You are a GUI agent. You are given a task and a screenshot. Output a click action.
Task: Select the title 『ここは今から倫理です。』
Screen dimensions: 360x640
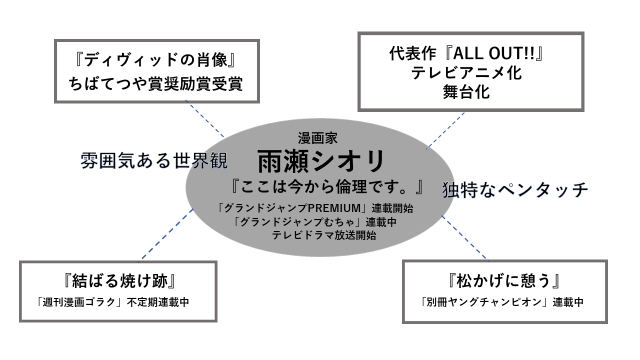(x=325, y=187)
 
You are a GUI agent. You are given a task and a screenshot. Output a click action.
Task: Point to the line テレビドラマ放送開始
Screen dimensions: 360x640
(x=324, y=235)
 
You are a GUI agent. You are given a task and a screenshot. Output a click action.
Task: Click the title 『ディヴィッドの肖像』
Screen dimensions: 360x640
(x=156, y=60)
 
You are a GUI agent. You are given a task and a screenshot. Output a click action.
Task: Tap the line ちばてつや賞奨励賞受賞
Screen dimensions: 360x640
(x=156, y=83)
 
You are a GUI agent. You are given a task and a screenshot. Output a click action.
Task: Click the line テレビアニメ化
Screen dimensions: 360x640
(x=466, y=73)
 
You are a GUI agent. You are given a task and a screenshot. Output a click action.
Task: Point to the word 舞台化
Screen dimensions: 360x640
(x=466, y=92)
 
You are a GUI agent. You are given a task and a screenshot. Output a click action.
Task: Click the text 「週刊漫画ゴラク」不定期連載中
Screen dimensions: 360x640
(x=112, y=302)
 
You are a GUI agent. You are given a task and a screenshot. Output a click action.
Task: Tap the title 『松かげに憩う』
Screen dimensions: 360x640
(x=505, y=281)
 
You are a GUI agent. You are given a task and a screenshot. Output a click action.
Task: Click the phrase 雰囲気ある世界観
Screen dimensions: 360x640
(x=154, y=161)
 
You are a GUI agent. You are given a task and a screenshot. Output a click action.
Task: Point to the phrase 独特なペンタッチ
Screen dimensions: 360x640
(x=515, y=190)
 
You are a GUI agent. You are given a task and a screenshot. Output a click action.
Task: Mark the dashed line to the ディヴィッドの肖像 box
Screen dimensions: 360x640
(x=204, y=118)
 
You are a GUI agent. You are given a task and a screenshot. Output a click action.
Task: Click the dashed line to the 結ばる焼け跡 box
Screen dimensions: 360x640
(x=166, y=234)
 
